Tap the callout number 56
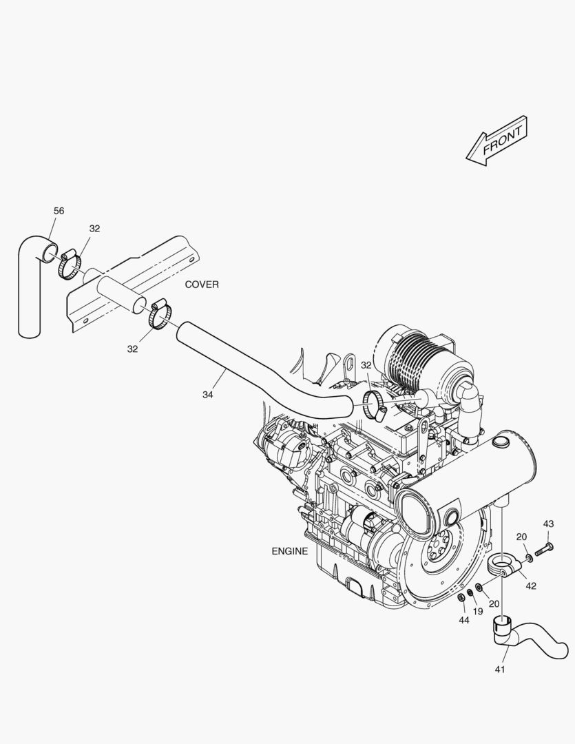point(59,211)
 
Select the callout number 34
point(207,394)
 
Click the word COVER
point(202,285)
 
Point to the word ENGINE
point(289,551)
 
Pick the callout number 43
point(548,524)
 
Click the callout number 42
point(531,586)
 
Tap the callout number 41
point(500,669)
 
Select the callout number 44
point(464,620)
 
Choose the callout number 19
point(478,611)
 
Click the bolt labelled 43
point(544,550)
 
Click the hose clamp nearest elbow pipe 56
point(69,265)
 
